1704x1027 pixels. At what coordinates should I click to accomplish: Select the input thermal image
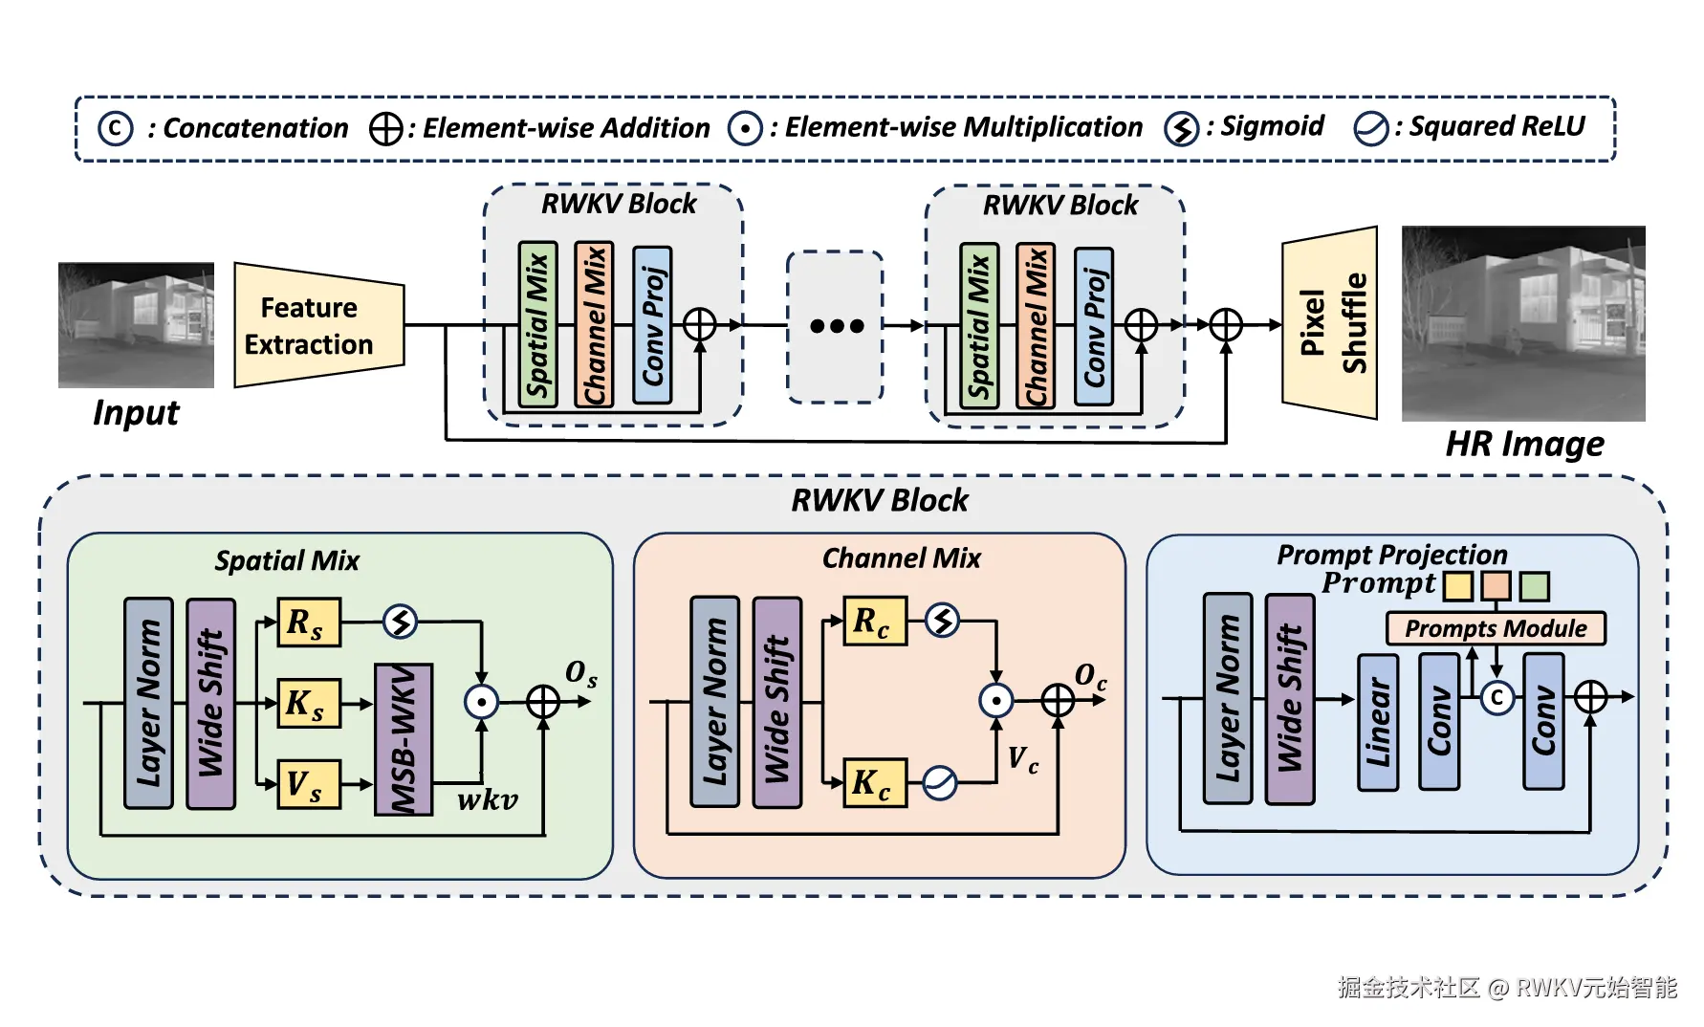[136, 325]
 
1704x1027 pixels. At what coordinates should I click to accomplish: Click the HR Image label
[1524, 444]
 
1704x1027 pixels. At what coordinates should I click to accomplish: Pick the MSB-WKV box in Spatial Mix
[404, 739]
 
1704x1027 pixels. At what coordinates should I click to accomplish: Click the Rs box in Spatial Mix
[308, 623]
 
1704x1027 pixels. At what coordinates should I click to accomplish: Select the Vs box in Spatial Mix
[308, 784]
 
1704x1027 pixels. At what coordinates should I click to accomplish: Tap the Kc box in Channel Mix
[874, 782]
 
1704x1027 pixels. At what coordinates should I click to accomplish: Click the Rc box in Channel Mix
[874, 622]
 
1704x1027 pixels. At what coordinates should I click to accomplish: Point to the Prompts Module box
[1496, 628]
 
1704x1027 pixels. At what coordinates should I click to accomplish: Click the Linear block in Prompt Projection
[1378, 722]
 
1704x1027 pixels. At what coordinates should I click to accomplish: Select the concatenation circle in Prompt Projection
[1497, 698]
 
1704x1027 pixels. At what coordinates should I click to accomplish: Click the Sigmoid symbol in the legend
[1182, 128]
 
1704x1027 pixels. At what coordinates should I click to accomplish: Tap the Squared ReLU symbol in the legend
[1370, 128]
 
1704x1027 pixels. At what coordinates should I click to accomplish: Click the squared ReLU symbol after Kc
[940, 783]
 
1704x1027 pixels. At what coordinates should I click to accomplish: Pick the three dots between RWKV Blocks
[836, 326]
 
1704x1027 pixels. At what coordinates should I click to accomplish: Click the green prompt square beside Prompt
[1535, 585]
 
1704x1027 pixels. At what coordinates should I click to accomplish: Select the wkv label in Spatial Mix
[487, 799]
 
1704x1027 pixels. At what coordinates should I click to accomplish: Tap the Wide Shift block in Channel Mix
[776, 703]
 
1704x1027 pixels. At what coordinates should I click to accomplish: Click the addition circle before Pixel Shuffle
[1226, 325]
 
